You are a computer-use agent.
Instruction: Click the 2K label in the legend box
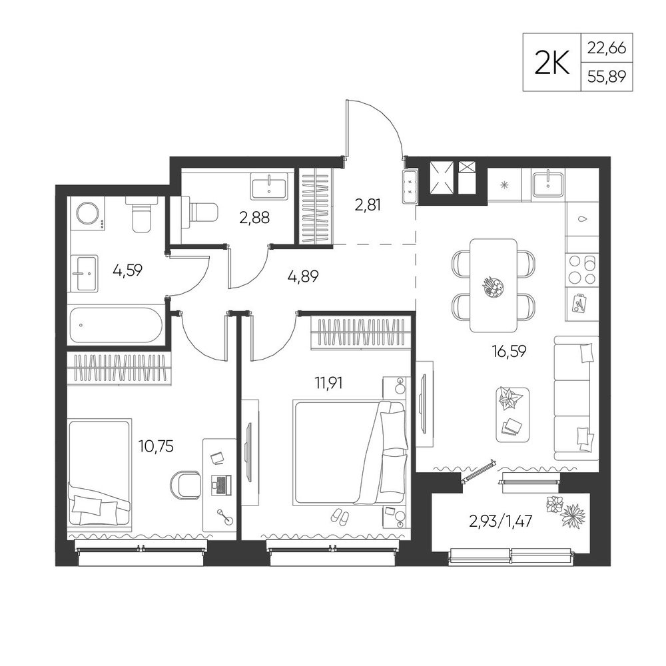pos(551,63)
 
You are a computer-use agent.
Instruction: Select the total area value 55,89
pos(607,77)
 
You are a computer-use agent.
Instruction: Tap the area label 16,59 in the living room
pos(509,351)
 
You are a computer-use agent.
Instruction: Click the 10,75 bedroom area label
pos(156,446)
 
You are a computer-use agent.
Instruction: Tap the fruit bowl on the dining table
pos(494,286)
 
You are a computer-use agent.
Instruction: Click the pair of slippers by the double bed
pos(340,517)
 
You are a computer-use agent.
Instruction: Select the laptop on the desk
pos(221,485)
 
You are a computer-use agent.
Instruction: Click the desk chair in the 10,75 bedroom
pos(186,485)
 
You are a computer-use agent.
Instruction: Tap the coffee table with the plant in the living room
pos(513,415)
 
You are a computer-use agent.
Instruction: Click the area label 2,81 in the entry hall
pos(368,205)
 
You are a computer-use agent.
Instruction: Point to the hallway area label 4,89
pos(303,276)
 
